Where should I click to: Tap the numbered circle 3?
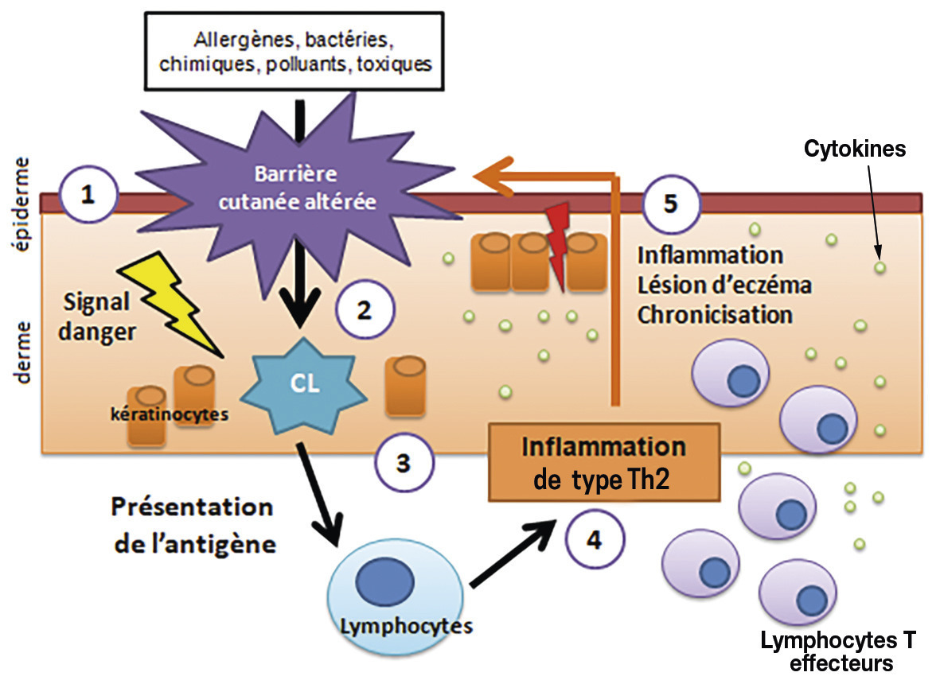[404, 462]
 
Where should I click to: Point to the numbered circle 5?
[670, 204]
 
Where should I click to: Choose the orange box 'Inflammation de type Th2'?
[603, 462]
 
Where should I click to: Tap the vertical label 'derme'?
[23, 352]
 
